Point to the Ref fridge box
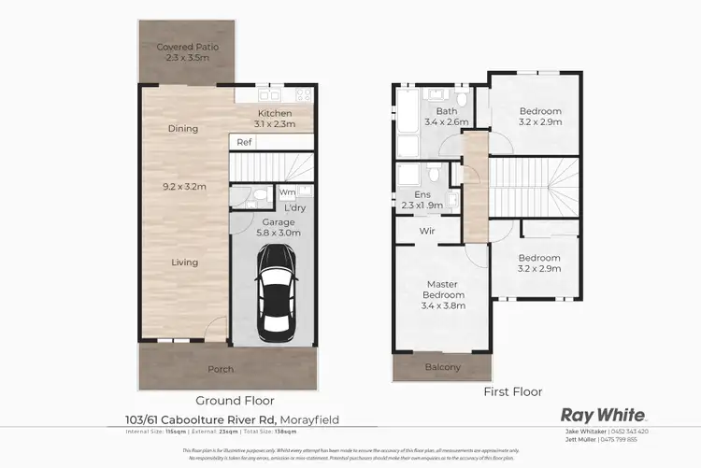tap(244, 143)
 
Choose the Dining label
tap(182, 129)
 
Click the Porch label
tap(221, 370)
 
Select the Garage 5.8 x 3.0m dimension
tap(279, 234)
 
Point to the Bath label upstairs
tap(433, 94)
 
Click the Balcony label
tap(443, 367)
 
